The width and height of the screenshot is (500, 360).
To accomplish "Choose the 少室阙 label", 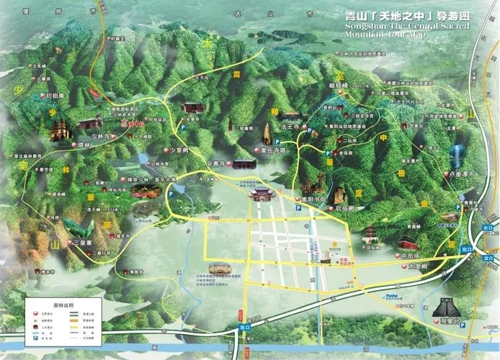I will [177, 150].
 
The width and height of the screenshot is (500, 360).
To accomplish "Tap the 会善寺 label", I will [216, 164].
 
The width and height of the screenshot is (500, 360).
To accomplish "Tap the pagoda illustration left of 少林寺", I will [58, 130].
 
